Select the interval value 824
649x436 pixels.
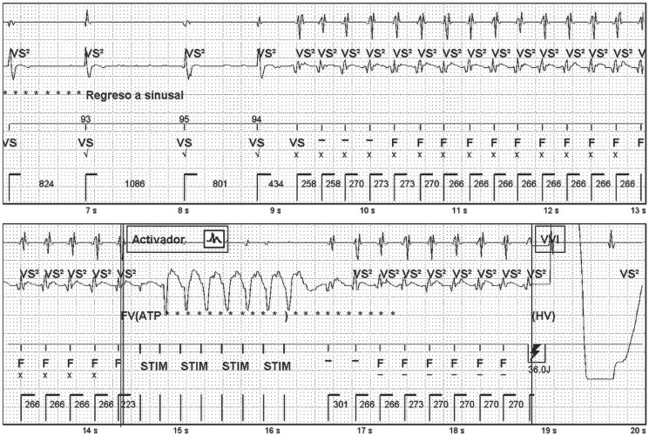[46, 185]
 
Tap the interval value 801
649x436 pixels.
[221, 185]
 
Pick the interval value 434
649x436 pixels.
[276, 185]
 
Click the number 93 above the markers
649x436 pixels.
[85, 119]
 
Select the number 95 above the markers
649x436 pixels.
[184, 119]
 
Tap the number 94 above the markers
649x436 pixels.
[256, 119]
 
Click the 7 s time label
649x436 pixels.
[90, 211]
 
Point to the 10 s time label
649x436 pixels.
[366, 211]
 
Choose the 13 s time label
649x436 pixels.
[639, 211]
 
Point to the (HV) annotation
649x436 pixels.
[544, 314]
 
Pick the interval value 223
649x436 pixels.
[128, 405]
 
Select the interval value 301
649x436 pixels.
[341, 405]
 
